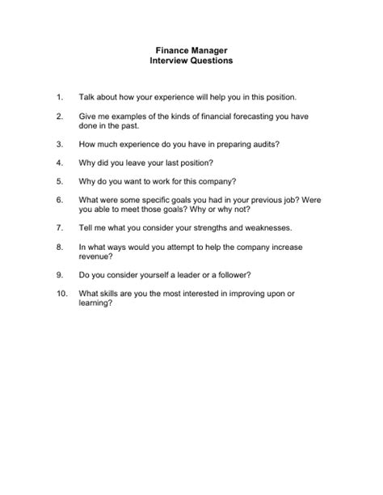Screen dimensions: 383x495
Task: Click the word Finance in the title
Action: [171, 50]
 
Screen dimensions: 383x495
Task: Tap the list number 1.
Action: [59, 97]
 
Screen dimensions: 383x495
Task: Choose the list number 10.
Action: [61, 292]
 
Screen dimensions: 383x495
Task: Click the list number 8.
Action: [59, 247]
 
